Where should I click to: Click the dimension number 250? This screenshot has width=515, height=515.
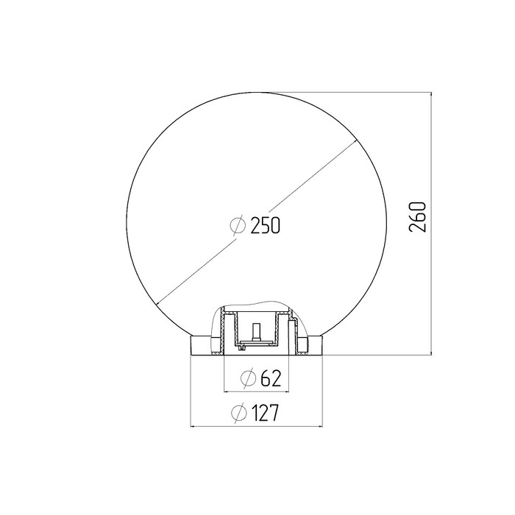266,225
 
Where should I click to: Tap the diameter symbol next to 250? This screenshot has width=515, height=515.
238,225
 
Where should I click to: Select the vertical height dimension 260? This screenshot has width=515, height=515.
418,217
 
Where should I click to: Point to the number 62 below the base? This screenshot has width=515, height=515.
271,378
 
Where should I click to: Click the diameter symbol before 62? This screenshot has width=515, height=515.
248,378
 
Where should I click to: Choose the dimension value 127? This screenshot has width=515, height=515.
265,413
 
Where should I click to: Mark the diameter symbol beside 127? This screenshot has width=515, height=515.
239,413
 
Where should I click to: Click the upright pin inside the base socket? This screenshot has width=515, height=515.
256,333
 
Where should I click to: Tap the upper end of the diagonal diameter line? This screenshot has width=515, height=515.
357,141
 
